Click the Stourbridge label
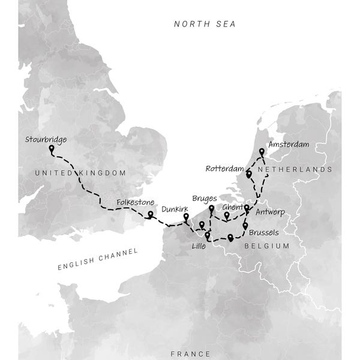[46, 140]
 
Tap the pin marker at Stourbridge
[52, 148]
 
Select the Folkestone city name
[135, 203]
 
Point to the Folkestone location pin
[150, 214]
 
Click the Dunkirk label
[175, 209]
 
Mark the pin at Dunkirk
[186, 217]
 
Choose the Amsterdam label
[289, 145]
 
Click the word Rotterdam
[224, 169]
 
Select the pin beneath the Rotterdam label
[249, 174]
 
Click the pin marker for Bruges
[211, 209]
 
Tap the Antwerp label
[269, 212]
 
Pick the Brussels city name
[262, 232]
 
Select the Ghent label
[233, 207]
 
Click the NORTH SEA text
[205, 24]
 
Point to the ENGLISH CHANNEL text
[98, 259]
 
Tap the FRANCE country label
[190, 353]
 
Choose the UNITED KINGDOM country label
[80, 173]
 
